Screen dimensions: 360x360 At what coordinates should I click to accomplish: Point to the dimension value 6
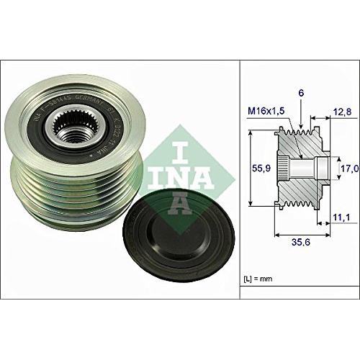click(x=301, y=93)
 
